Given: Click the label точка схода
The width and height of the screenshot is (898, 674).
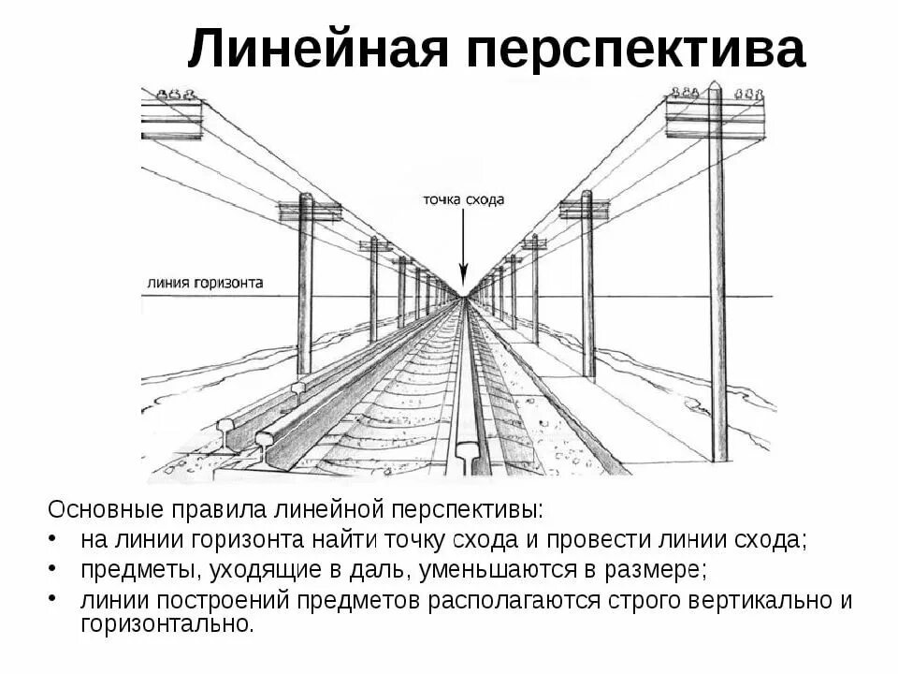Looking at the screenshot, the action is pos(463,199).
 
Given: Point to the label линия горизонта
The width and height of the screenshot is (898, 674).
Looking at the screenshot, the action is pos(205,282).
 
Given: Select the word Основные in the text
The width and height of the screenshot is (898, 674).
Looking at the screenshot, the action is pos(107,511).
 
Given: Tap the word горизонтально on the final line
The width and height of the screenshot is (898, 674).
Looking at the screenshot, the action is pos(167,624).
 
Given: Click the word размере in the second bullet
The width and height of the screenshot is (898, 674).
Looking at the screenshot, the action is pos(662,569).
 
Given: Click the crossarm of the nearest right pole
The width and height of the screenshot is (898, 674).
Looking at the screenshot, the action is pos(715,117).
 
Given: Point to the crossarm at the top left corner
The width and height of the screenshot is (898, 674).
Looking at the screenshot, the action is pos(171,118).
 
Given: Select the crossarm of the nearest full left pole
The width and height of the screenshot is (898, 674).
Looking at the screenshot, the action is pos(309,211).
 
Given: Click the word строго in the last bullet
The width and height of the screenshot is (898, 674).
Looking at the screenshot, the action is pos(645,599).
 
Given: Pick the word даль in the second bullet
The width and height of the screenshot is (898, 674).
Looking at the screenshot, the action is pos(376,569).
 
